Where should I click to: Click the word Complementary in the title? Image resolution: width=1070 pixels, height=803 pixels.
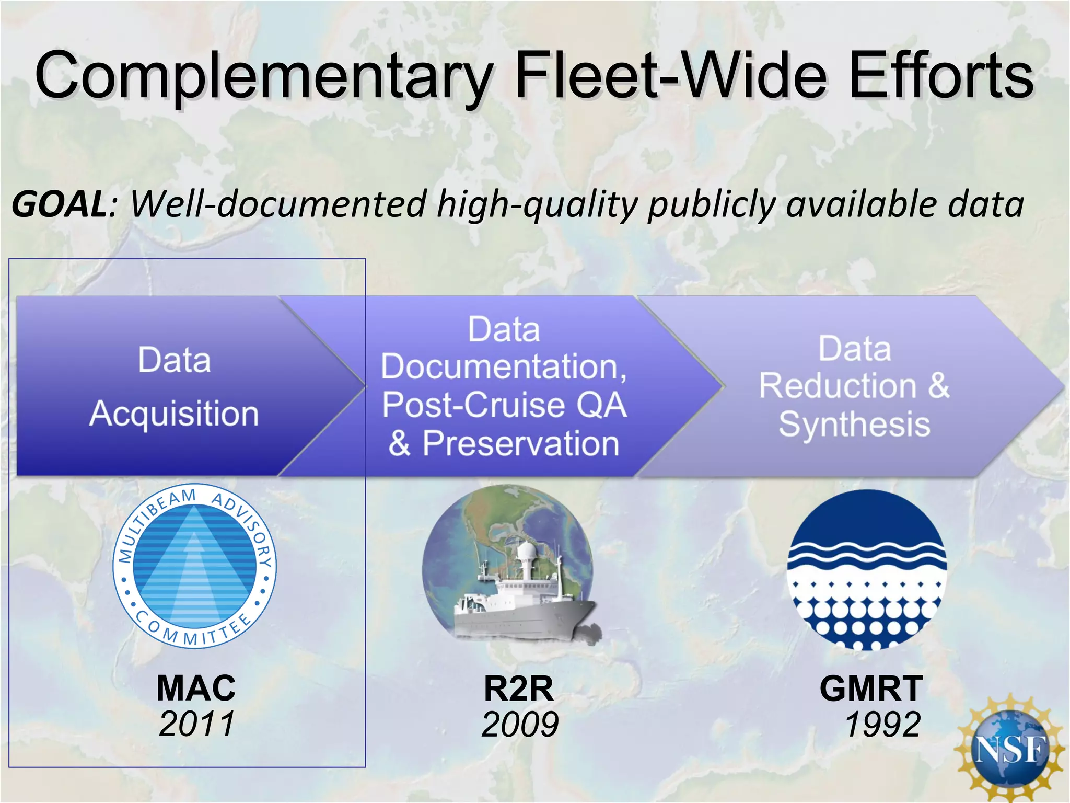[264, 76]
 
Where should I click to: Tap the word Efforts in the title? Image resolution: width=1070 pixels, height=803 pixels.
[940, 76]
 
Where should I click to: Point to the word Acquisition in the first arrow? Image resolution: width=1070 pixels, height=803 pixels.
[174, 414]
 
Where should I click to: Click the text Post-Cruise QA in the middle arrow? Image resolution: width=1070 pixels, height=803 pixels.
[504, 405]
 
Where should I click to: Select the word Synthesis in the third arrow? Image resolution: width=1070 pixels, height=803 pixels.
[854, 424]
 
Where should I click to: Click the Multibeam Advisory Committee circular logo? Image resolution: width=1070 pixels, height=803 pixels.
[194, 566]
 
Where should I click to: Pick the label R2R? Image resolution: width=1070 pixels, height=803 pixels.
[518, 689]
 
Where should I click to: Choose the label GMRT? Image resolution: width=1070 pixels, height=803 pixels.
[871, 689]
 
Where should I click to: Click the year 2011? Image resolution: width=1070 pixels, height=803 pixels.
[196, 724]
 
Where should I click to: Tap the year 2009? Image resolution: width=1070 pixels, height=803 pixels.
[520, 725]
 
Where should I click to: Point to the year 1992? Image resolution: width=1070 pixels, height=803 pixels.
[882, 725]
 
